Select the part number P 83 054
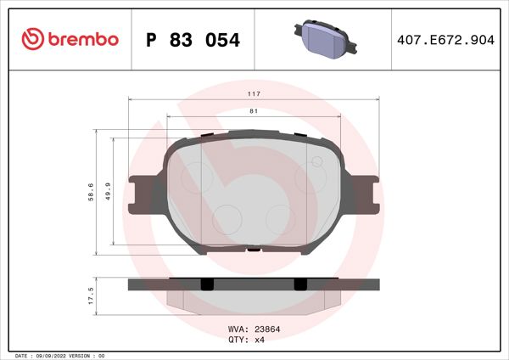coord(193,40)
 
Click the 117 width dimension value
coord(254,93)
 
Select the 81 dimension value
coord(254,110)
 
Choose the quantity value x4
coord(261,338)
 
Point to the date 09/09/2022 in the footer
coord(53,355)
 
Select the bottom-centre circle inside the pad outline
coord(227,218)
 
